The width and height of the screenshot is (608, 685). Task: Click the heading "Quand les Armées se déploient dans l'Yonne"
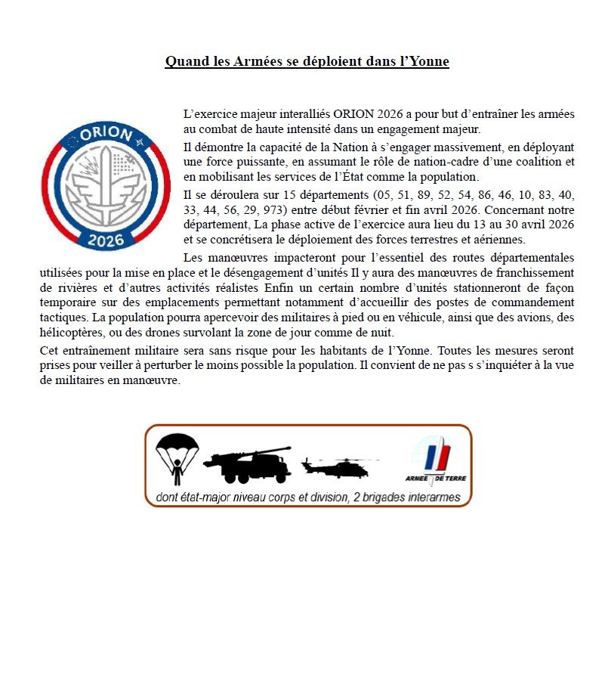[307, 61]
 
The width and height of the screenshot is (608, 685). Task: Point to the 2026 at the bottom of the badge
[106, 241]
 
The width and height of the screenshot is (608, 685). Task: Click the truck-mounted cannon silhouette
[247, 464]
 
